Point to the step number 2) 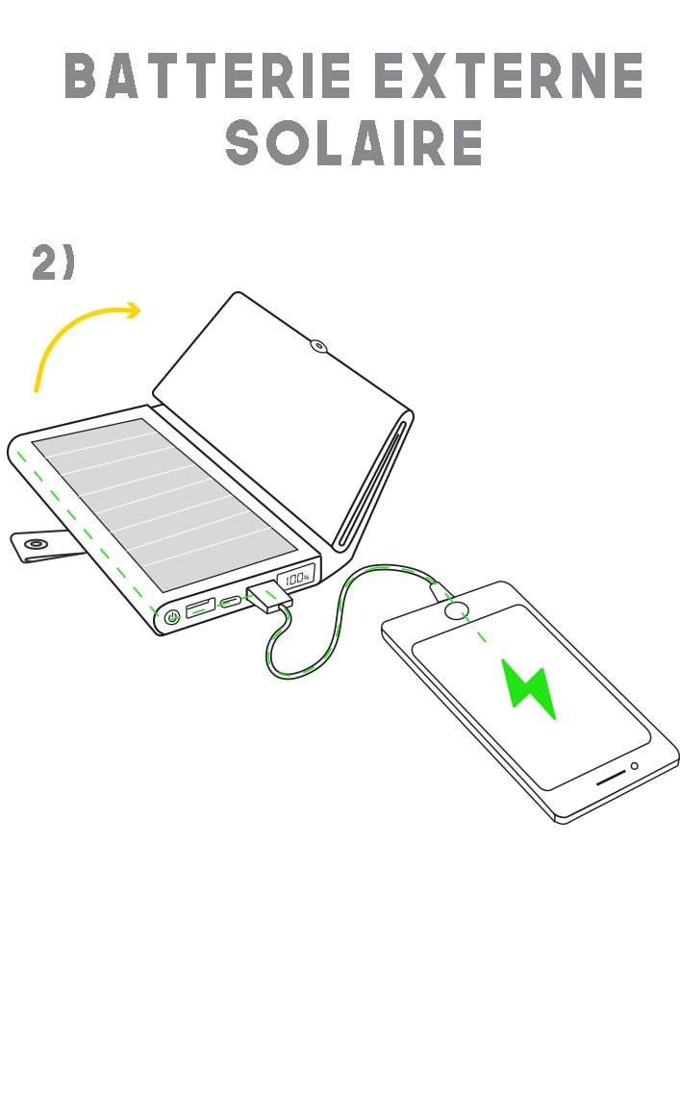[53, 262]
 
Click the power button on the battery [172, 617]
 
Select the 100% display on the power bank [296, 579]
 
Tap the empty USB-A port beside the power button [200, 608]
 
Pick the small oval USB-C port [232, 603]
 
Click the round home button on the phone [457, 608]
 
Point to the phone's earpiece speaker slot [612, 780]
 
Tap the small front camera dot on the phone [634, 766]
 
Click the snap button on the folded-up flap [317, 344]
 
